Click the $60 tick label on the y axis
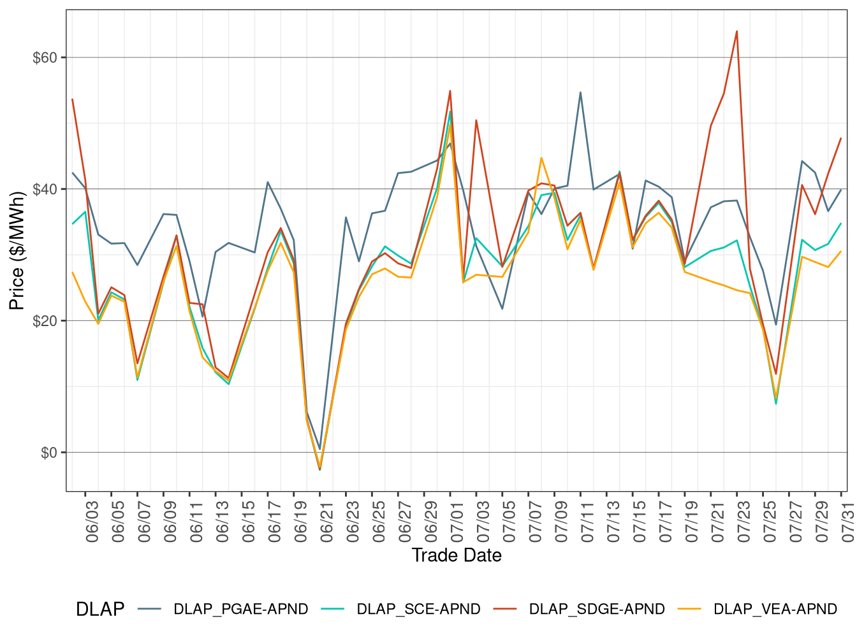[45, 58]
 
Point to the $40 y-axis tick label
[45, 189]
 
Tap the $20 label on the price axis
[45, 321]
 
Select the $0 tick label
[48, 453]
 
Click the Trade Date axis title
[457, 555]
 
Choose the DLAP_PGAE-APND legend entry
[240, 609]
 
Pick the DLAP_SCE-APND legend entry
[418, 609]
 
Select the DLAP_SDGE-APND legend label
[597, 609]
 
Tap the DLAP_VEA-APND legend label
[775, 609]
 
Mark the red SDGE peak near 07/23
[736, 31]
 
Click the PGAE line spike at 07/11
[580, 92]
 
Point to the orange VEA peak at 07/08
[541, 158]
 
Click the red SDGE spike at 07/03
[476, 120]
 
